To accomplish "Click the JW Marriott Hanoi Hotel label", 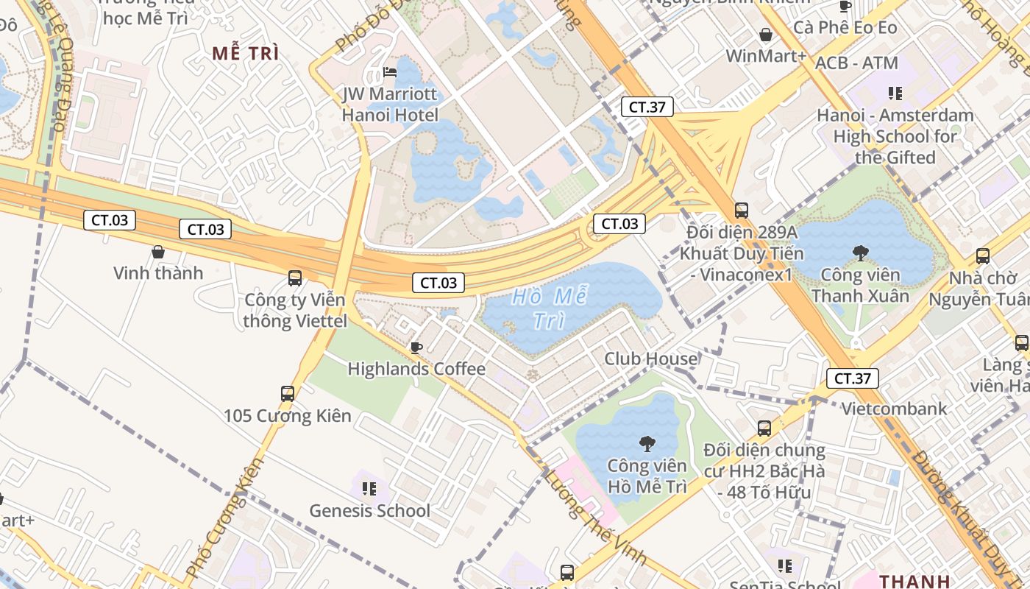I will [390, 105].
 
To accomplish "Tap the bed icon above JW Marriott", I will [390, 72].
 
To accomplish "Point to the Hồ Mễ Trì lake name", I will [550, 308].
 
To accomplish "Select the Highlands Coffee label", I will [416, 369].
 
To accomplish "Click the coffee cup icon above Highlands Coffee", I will [416, 348].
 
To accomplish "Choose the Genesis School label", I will [369, 510].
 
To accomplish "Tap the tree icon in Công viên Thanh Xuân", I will [860, 253].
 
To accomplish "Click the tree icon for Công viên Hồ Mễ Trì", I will [647, 443].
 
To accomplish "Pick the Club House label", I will [650, 359].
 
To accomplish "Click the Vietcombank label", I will [894, 409].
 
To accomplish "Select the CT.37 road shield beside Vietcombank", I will [853, 379].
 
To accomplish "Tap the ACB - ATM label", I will [856, 63].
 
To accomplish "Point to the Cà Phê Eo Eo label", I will [845, 27].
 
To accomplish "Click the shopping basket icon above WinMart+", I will [766, 35].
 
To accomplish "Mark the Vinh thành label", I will [158, 273].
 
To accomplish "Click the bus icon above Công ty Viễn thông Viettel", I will [295, 278].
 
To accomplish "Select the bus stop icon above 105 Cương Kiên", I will [288, 394].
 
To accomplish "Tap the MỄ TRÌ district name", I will [246, 53].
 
